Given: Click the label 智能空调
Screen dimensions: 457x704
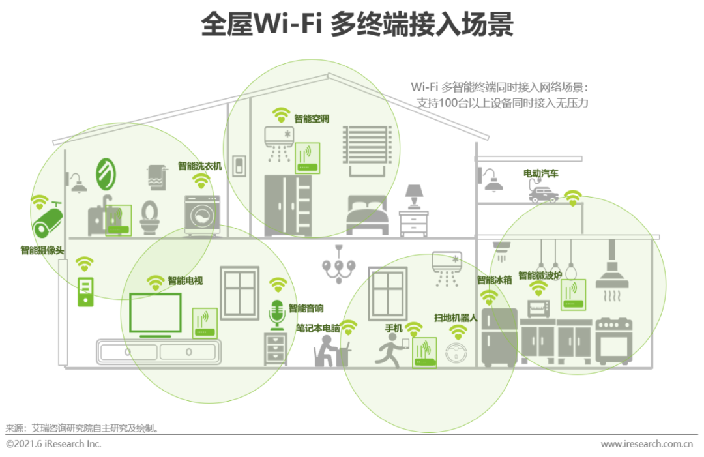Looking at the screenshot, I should pyautogui.click(x=311, y=119).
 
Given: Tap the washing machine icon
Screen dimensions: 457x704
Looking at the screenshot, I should pyautogui.click(x=201, y=214).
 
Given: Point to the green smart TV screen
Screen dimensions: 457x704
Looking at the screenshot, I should pyautogui.click(x=155, y=313).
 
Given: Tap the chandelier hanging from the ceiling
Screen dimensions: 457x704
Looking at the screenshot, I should pyautogui.click(x=339, y=263).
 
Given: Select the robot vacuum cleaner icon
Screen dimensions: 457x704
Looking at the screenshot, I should pyautogui.click(x=458, y=353).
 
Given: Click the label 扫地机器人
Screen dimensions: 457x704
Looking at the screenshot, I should pyautogui.click(x=456, y=318).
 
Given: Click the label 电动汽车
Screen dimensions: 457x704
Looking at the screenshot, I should pyautogui.click(x=541, y=173).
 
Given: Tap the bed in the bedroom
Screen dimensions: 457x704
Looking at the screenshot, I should pyautogui.click(x=367, y=214).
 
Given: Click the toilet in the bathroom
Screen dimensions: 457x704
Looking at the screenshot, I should pyautogui.click(x=150, y=218).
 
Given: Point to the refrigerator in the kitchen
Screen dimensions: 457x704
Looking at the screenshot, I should pyautogui.click(x=499, y=336).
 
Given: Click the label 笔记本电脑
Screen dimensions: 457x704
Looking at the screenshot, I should pyautogui.click(x=318, y=328).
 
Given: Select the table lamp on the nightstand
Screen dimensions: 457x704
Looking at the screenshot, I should pyautogui.click(x=414, y=196).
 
